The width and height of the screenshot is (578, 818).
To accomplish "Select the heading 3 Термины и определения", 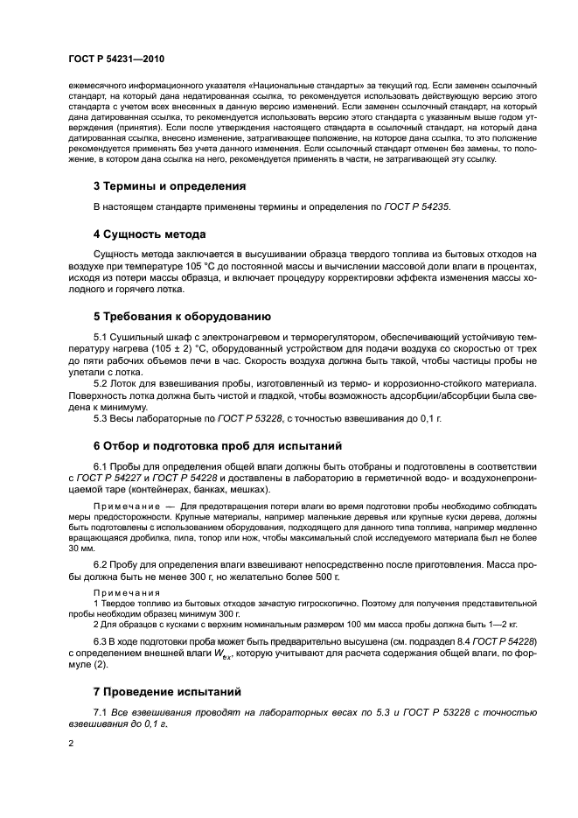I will pyautogui.click(x=169, y=185).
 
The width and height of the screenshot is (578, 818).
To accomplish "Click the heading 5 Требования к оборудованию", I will pyautogui.click(x=182, y=316).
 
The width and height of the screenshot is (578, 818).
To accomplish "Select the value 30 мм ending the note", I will pyautogui.click(x=80, y=548).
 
